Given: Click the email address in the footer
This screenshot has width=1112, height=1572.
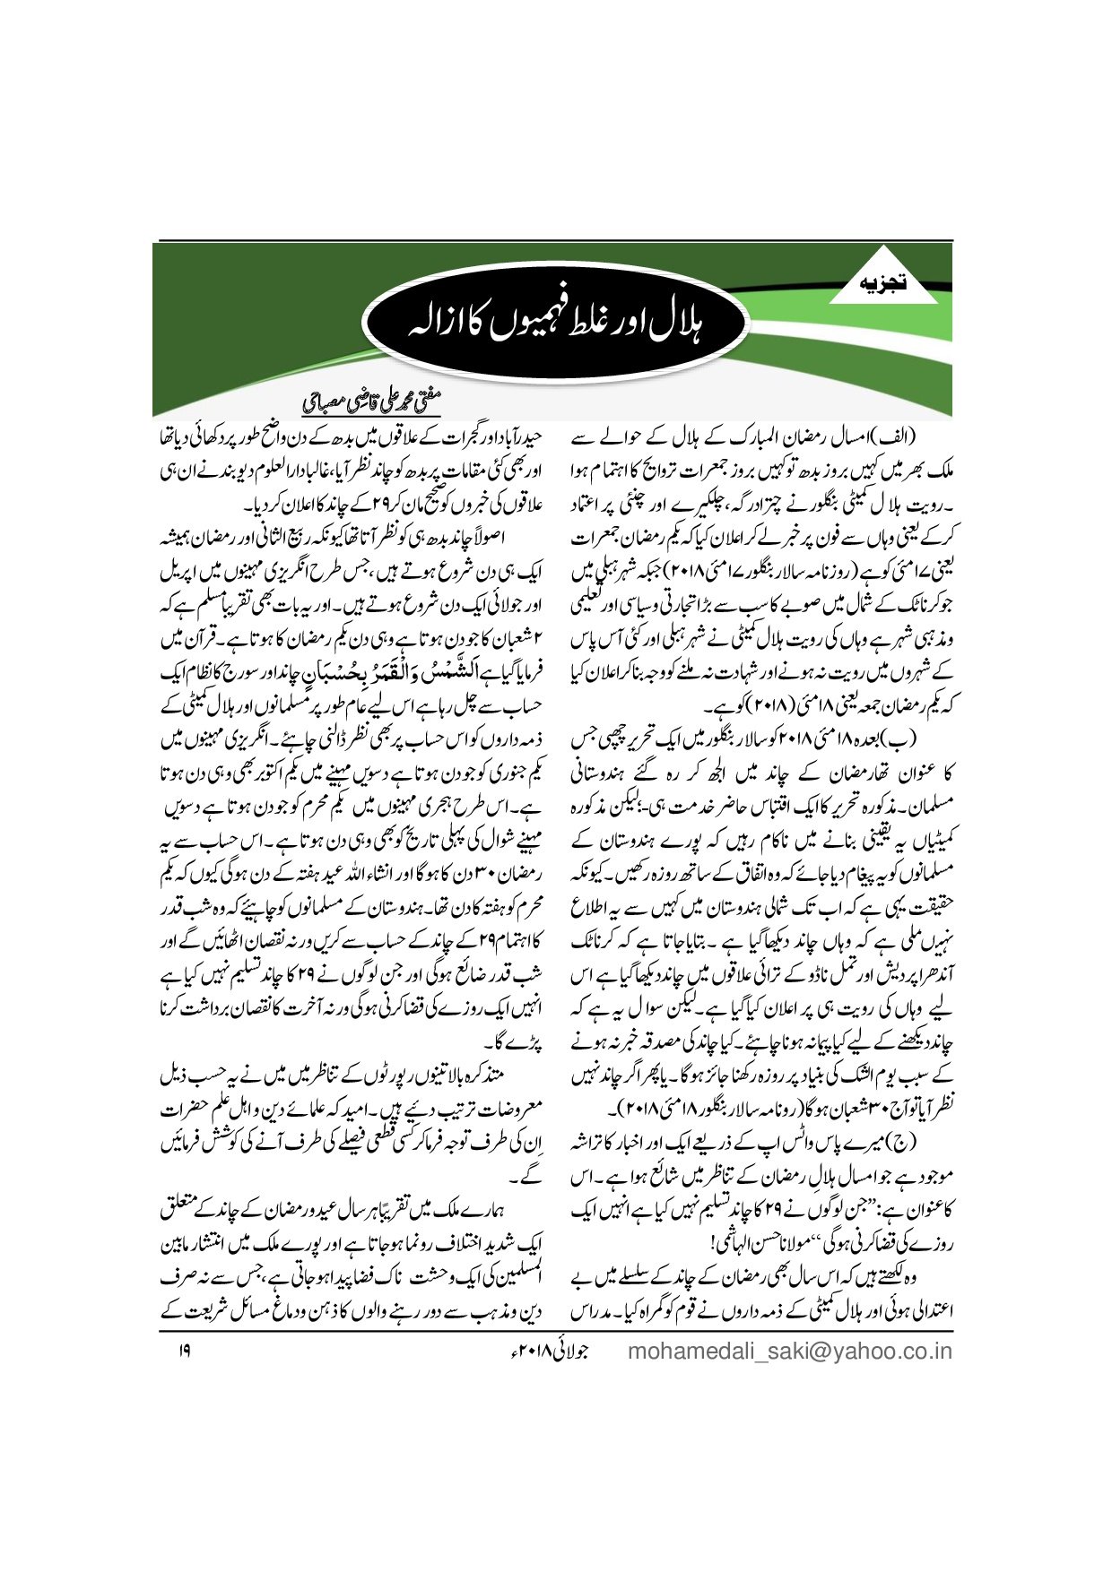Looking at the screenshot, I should [x=790, y=1351].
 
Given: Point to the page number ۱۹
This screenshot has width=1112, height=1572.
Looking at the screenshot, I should [x=183, y=1350].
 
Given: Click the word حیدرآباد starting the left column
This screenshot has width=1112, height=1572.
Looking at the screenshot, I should [x=510, y=439].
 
